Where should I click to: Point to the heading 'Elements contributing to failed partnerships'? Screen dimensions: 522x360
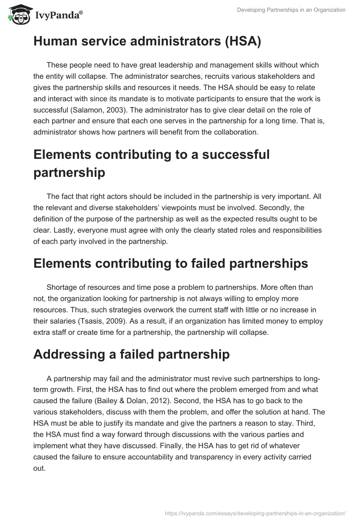171,263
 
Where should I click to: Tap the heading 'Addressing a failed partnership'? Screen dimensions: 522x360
131,354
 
